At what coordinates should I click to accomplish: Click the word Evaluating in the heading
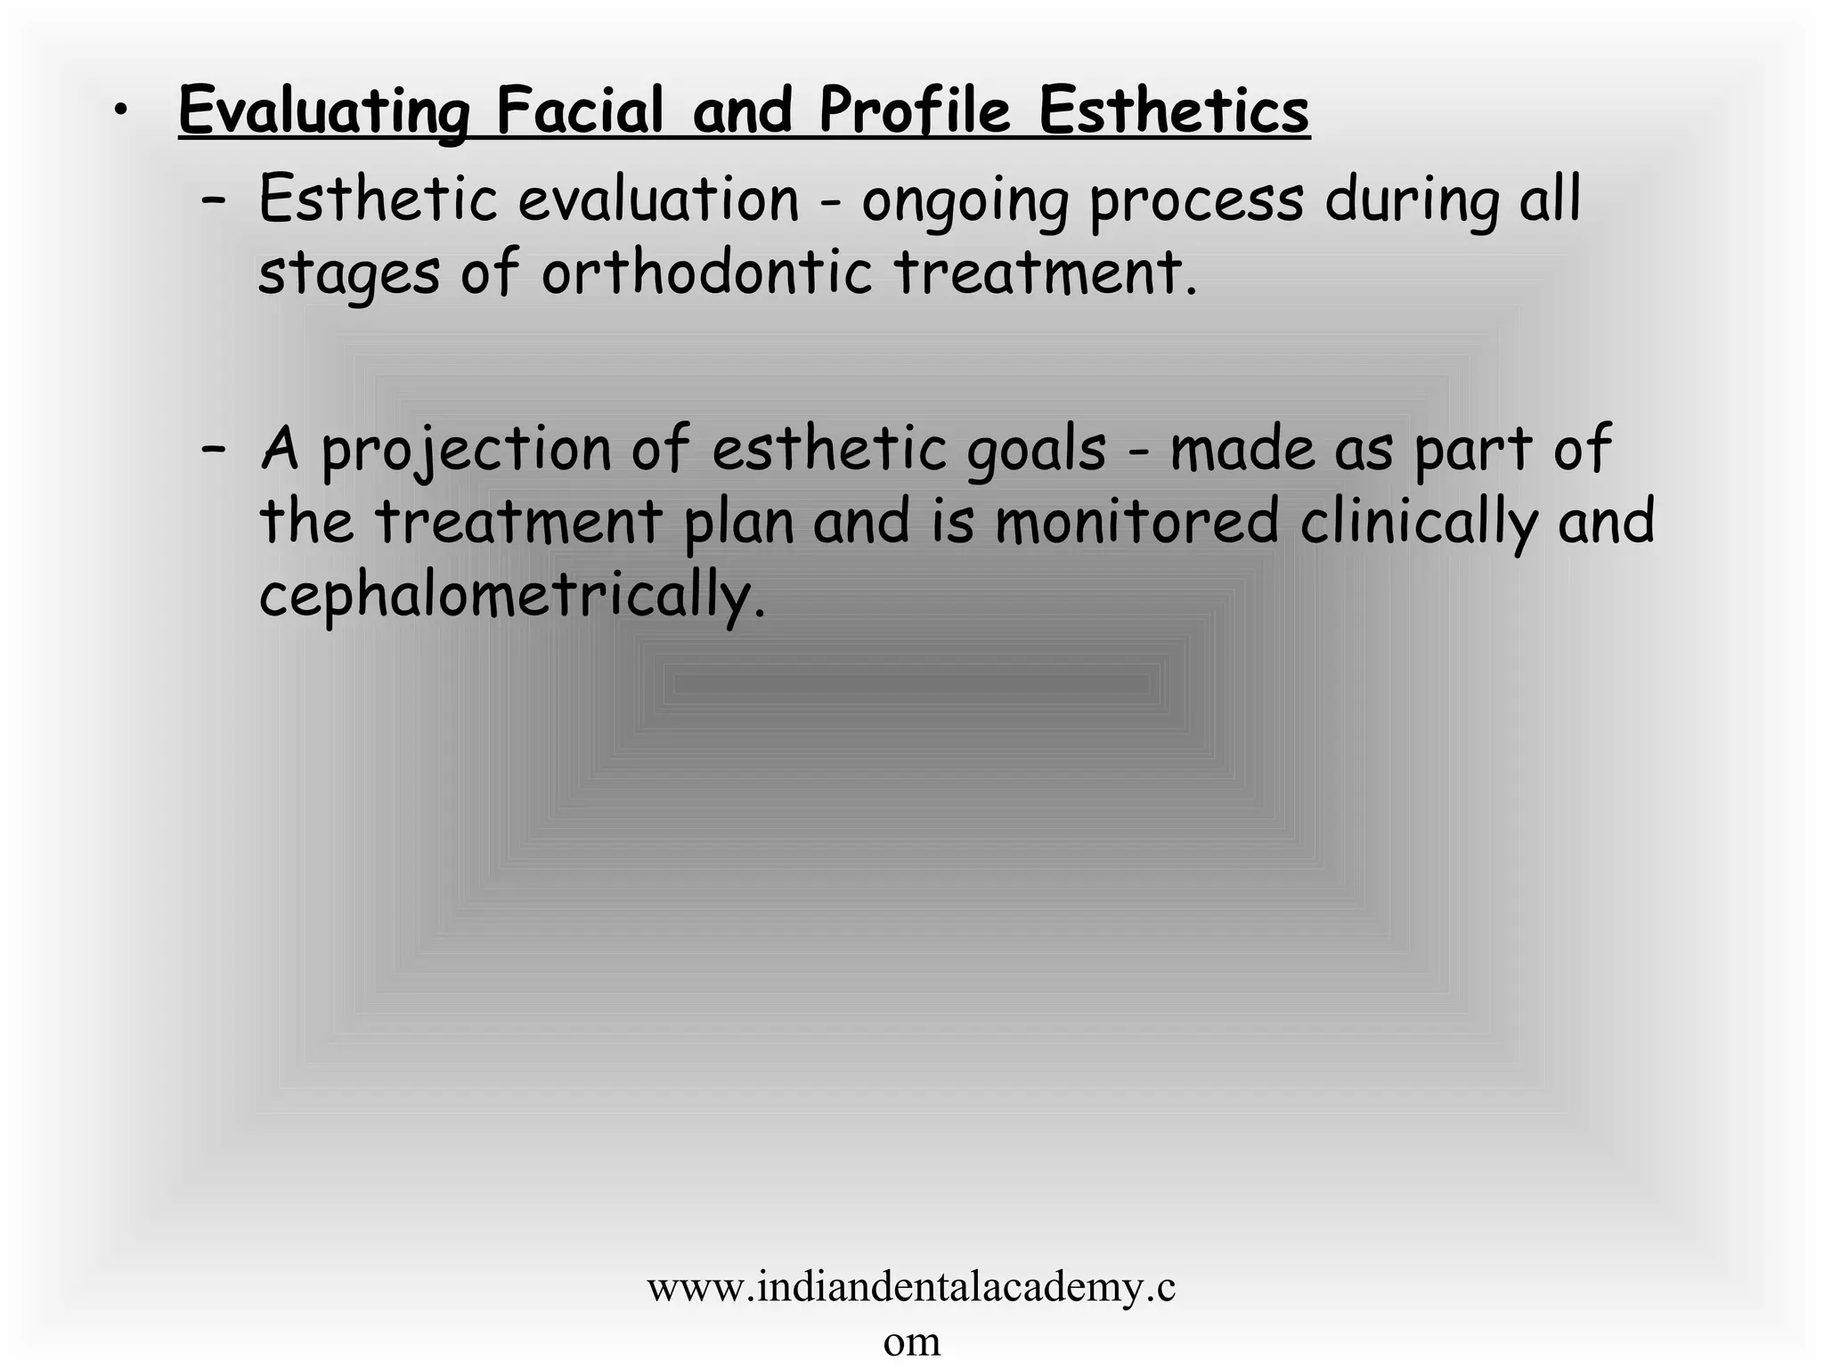click(x=324, y=111)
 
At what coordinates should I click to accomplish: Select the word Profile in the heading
click(x=915, y=111)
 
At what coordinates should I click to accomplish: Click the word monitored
click(x=1136, y=522)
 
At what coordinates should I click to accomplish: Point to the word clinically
click(x=1418, y=524)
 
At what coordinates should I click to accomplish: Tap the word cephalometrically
click(x=512, y=597)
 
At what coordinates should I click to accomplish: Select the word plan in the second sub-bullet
click(x=738, y=524)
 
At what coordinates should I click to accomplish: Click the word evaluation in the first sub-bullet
click(x=658, y=199)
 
